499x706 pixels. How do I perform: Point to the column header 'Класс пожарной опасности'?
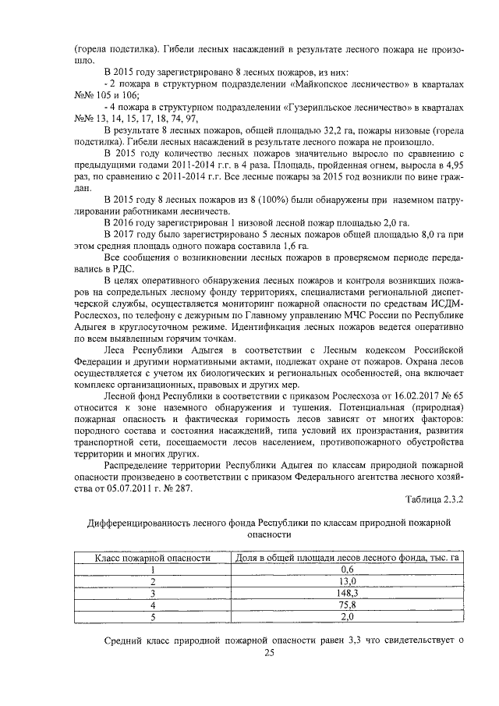(x=154, y=557)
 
